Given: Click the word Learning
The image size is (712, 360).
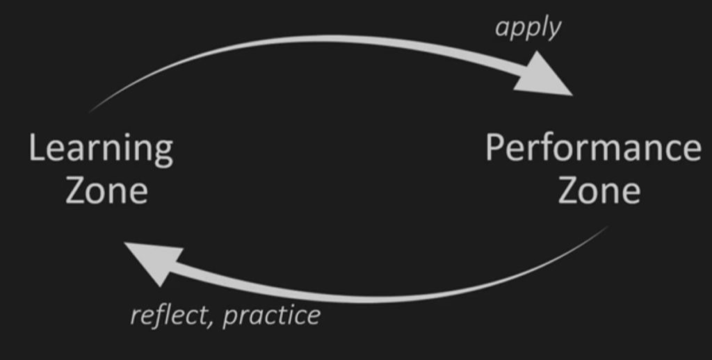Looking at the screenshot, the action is [101, 150].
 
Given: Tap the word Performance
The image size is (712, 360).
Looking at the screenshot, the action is [593, 149].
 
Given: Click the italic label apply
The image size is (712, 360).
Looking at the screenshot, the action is [528, 28].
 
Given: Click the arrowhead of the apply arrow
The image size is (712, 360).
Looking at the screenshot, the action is [545, 75].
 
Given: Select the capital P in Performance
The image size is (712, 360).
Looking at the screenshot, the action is [495, 148].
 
